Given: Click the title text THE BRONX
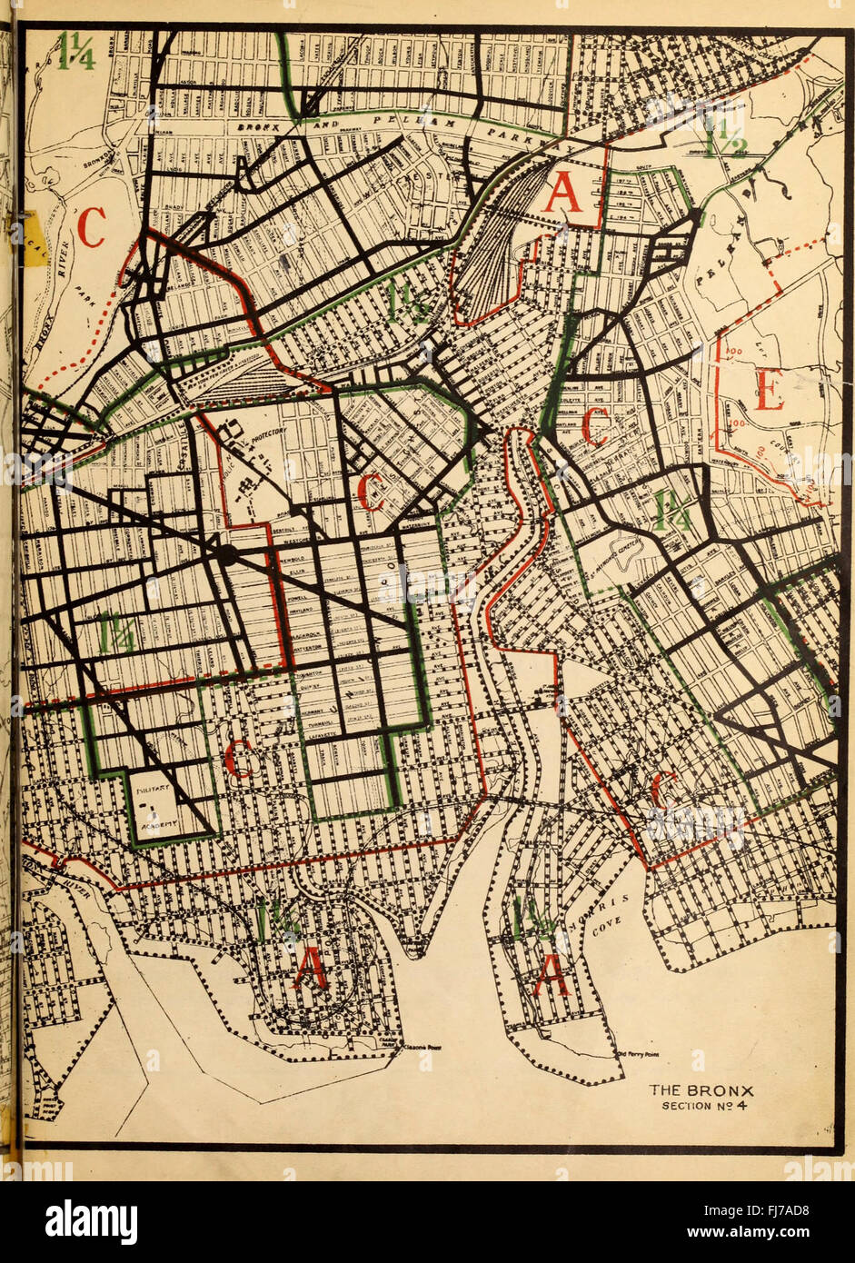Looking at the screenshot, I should point(701,1090).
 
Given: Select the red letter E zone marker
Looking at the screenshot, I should point(769,393).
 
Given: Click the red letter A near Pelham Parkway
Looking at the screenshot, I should point(562,193).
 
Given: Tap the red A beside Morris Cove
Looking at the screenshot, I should point(552,976).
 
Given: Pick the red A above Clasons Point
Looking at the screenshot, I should point(310,970).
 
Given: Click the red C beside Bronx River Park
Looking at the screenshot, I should point(91,228).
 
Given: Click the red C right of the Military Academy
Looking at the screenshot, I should point(239,760).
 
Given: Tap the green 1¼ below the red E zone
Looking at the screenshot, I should point(673,512).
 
